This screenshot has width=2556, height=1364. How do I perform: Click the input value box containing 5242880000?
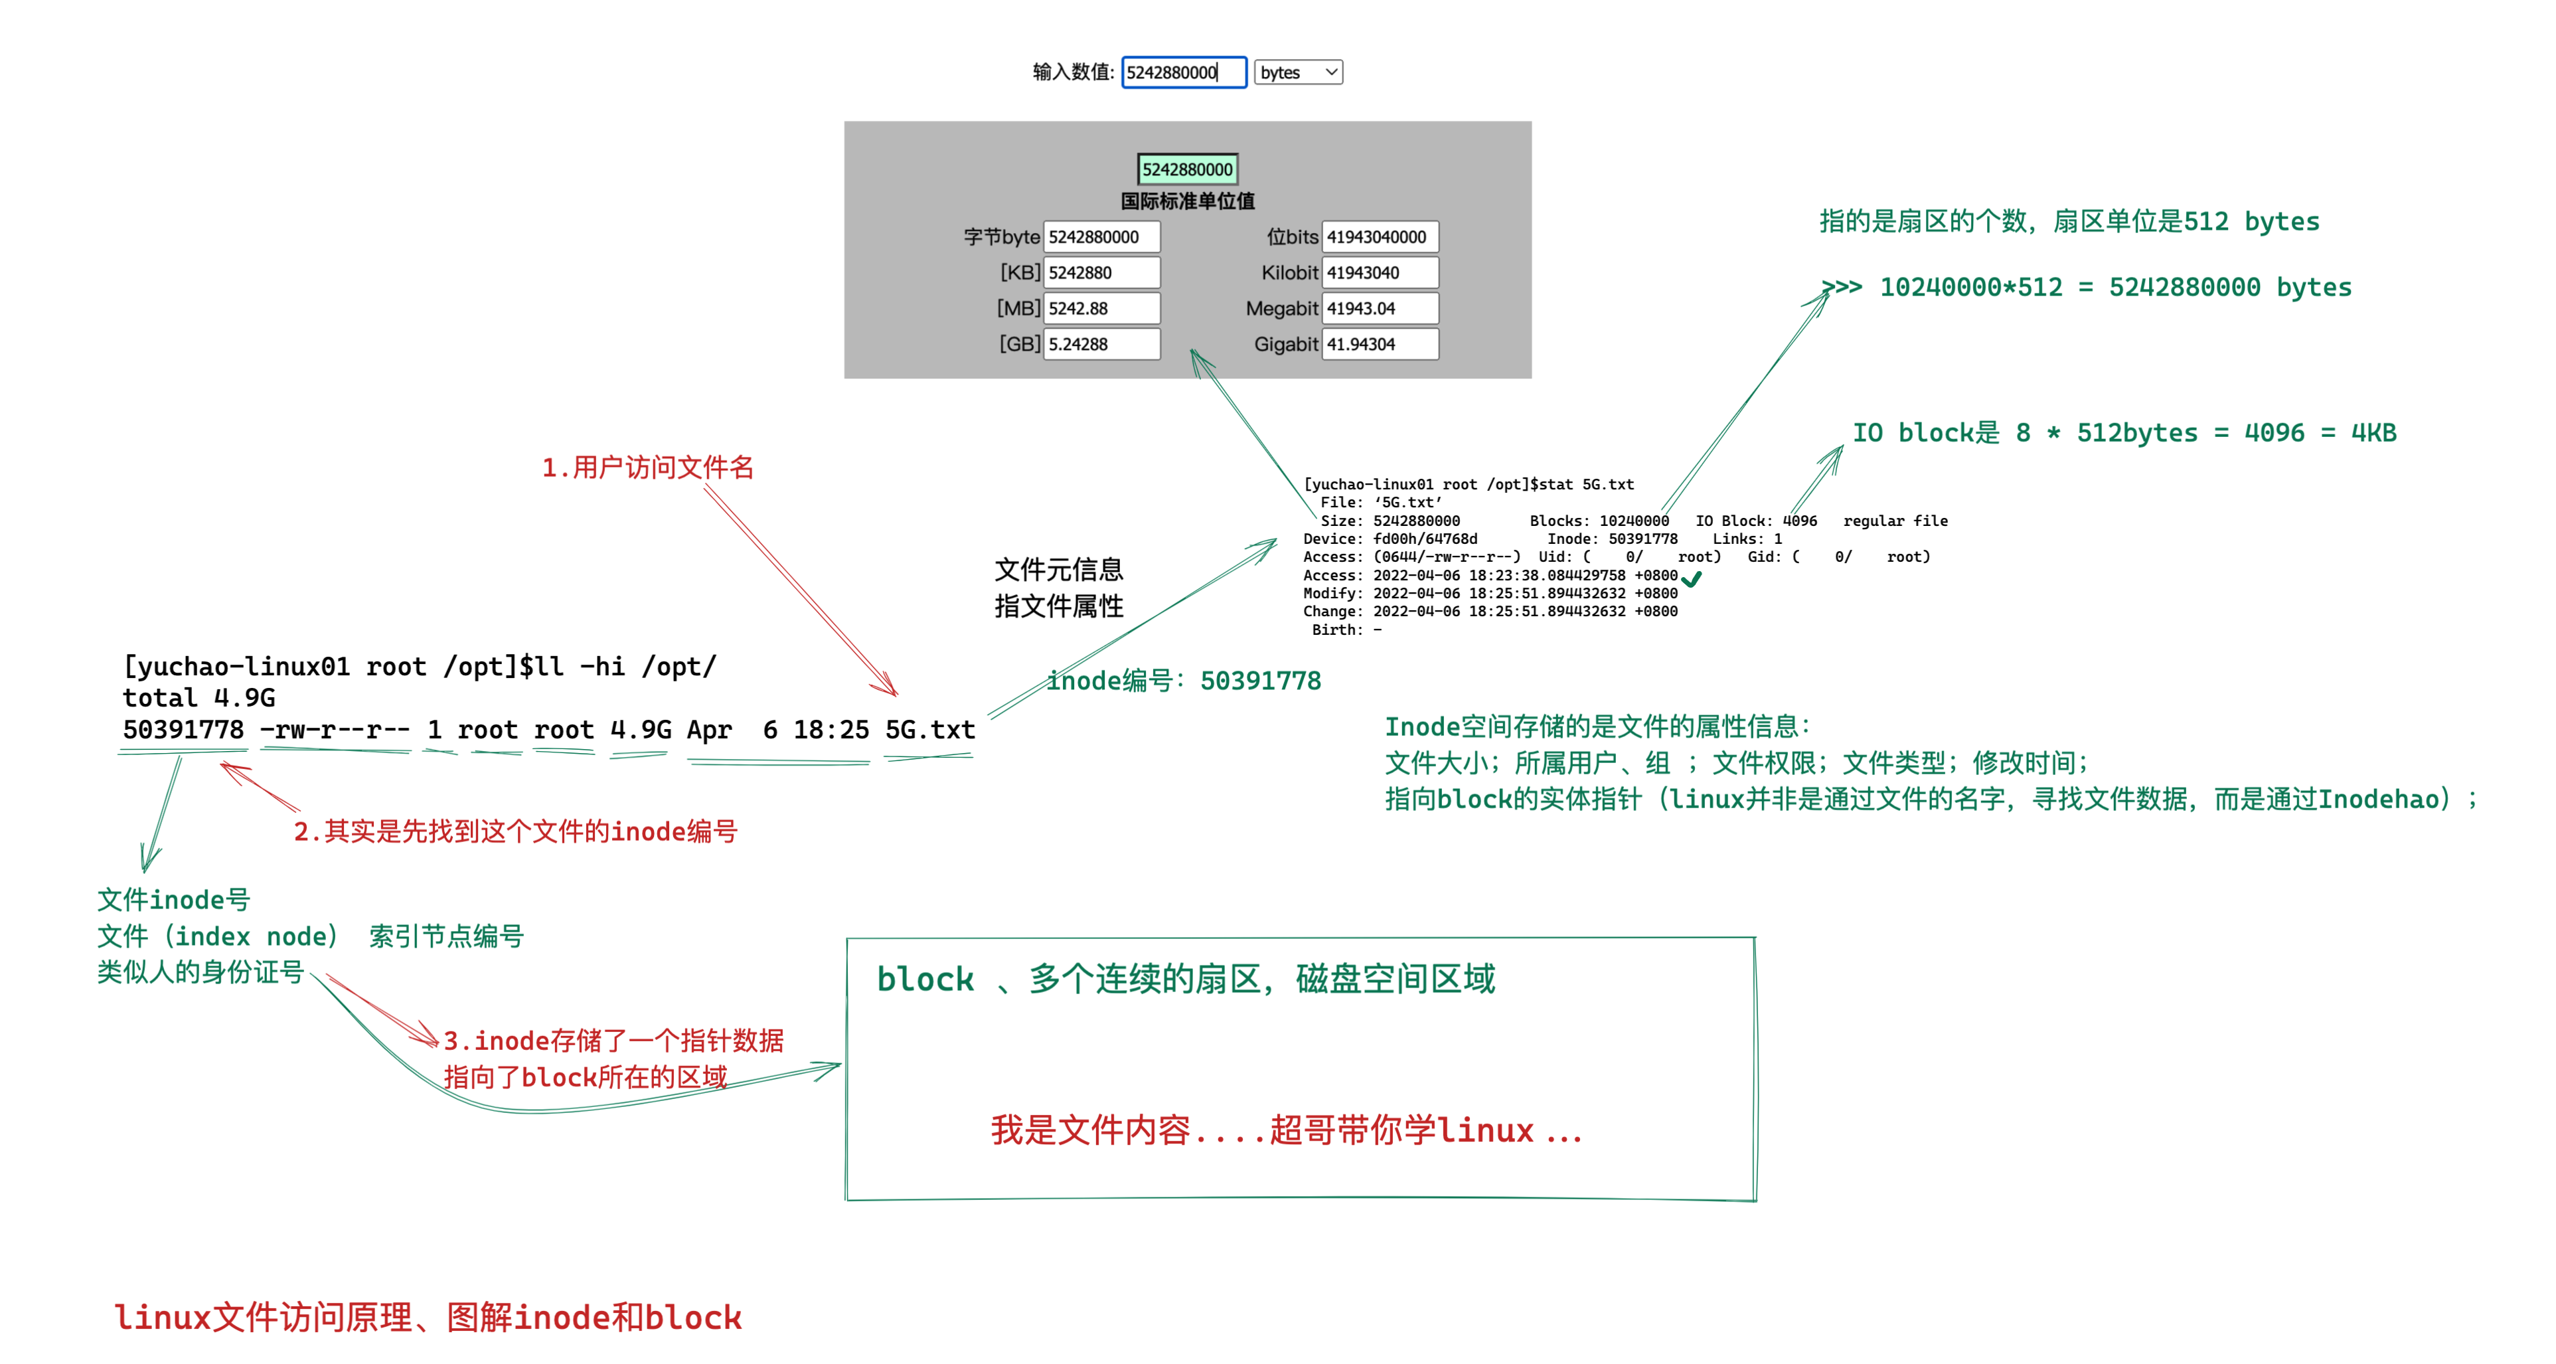pyautogui.click(x=1183, y=72)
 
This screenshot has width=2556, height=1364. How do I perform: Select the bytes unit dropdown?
pyautogui.click(x=1298, y=72)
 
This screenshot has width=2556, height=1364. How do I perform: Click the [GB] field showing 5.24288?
pyautogui.click(x=1100, y=345)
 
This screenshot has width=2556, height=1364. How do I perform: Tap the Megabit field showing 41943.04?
pyautogui.click(x=1379, y=309)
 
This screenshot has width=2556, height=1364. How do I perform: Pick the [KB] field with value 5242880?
pyautogui.click(x=1100, y=273)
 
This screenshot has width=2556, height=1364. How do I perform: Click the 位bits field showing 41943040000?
pyautogui.click(x=1379, y=237)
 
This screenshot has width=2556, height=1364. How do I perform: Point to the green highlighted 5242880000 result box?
pyautogui.click(x=1187, y=170)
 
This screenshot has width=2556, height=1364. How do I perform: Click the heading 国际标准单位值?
pyautogui.click(x=1187, y=201)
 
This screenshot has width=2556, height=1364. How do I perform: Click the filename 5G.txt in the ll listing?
pyautogui.click(x=929, y=730)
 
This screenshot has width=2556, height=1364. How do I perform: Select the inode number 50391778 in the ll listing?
pyautogui.click(x=183, y=730)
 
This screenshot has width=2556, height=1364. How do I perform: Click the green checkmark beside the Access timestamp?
pyautogui.click(x=1692, y=579)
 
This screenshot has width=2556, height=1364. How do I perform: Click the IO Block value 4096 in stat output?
pyautogui.click(x=1799, y=521)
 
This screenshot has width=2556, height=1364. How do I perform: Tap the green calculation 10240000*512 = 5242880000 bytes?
pyautogui.click(x=2113, y=288)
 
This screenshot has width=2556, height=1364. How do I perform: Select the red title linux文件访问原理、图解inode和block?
pyautogui.click(x=428, y=1318)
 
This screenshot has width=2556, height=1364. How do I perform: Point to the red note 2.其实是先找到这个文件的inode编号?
pyautogui.click(x=515, y=832)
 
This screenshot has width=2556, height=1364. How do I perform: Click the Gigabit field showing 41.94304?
pyautogui.click(x=1379, y=345)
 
